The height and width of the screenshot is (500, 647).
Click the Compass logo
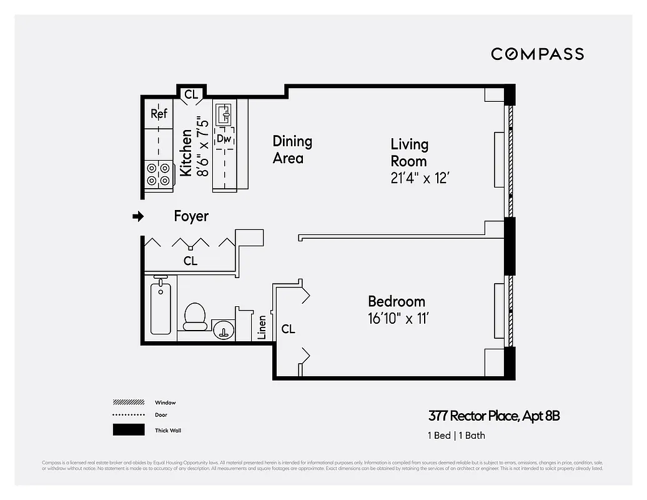(537, 54)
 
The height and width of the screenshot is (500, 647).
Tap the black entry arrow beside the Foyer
(138, 217)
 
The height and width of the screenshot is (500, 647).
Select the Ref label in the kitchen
(159, 114)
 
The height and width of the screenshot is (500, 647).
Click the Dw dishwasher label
(224, 139)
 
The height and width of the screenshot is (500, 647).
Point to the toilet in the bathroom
(195, 316)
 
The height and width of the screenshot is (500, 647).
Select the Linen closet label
(262, 327)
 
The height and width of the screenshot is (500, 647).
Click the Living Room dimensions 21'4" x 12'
(420, 178)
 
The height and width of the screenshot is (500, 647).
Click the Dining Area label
(292, 150)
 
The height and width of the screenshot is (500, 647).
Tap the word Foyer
(191, 216)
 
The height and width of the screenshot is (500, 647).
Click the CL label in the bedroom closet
(288, 329)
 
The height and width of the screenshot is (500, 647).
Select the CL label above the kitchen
(191, 95)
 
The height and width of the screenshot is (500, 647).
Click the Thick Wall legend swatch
(129, 430)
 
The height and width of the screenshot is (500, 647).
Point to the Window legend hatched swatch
(129, 402)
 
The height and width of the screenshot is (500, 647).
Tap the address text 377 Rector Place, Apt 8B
(493, 416)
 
